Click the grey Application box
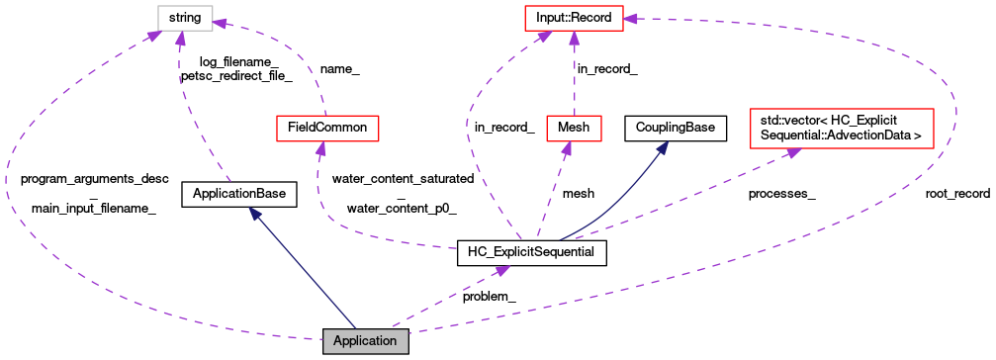coord(365,341)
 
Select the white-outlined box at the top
coord(185,18)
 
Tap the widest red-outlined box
coord(841,129)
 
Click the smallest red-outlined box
coord(574,129)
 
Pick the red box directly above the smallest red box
coord(574,18)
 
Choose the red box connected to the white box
coord(327,129)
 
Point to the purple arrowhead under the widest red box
coord(792,152)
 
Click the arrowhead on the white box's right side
coord(221,22)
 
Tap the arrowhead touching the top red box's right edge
coord(631,19)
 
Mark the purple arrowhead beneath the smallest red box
coord(566,149)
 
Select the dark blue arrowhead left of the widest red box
coord(663,147)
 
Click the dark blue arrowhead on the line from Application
coord(254,213)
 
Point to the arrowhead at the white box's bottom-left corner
coord(154,37)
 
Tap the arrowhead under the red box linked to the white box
coord(319,149)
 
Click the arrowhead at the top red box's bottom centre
coord(574,39)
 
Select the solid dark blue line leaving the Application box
coord(307,277)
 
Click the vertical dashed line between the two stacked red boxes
coord(574,79)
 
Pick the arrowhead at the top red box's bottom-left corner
coord(544,37)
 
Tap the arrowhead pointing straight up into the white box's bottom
coord(180,39)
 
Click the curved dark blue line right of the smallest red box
coord(618,203)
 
